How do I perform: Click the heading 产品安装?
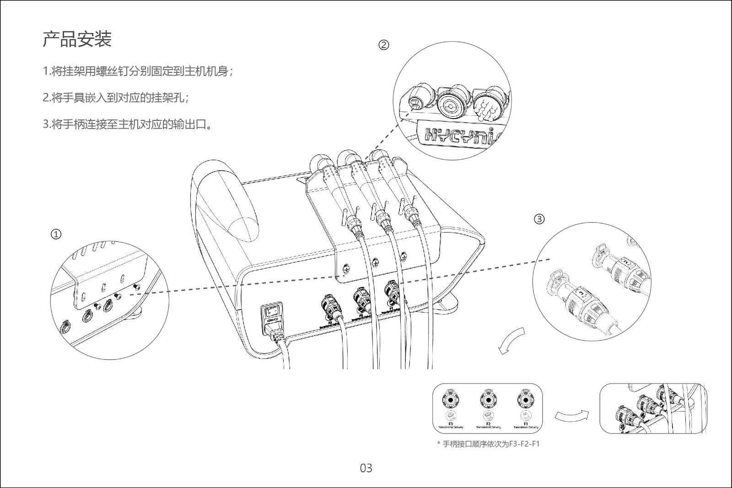pos(77,39)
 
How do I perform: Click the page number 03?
pos(366,468)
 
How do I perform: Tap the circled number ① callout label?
pos(56,234)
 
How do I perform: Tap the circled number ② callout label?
pos(384,45)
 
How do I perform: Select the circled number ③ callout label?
pos(539,219)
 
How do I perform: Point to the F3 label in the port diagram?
pos(451,424)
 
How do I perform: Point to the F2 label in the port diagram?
pos(488,424)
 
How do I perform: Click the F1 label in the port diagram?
pos(526,424)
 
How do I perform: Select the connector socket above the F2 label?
pos(488,400)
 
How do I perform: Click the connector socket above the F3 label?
pos(451,400)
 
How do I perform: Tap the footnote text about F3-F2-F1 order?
pos(488,444)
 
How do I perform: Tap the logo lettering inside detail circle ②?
pos(462,135)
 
